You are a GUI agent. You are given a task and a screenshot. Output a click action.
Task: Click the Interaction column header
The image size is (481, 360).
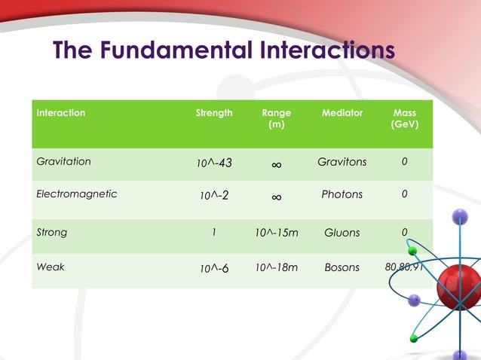(61, 113)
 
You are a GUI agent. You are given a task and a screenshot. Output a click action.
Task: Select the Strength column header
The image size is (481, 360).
(214, 113)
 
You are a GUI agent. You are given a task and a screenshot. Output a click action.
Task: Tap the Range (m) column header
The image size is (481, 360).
(276, 118)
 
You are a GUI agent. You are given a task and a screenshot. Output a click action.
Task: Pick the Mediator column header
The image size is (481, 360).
(342, 113)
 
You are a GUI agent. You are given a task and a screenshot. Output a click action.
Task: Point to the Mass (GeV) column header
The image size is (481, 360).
(404, 118)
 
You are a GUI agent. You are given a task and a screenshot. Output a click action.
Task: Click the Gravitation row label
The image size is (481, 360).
(64, 161)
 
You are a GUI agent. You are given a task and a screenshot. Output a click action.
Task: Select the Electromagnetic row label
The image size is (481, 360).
(77, 194)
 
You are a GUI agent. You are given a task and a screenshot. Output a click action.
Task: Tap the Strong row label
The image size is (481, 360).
(52, 232)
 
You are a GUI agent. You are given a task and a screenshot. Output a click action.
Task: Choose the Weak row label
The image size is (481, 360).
(50, 267)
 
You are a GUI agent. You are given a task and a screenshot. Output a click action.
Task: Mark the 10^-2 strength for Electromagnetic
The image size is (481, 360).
(214, 196)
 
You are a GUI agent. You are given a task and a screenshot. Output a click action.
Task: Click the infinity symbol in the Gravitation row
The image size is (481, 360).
(276, 163)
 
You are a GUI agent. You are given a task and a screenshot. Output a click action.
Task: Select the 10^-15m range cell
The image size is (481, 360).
(276, 233)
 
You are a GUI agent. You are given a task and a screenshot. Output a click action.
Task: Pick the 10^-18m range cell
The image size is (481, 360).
(276, 267)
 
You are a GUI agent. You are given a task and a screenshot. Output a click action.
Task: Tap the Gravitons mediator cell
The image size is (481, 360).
(342, 162)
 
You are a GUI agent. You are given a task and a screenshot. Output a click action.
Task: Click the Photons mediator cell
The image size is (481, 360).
(342, 194)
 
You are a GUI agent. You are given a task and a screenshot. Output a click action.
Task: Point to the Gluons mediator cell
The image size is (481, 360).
(342, 233)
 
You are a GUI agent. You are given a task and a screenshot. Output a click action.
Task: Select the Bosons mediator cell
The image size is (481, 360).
(342, 267)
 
